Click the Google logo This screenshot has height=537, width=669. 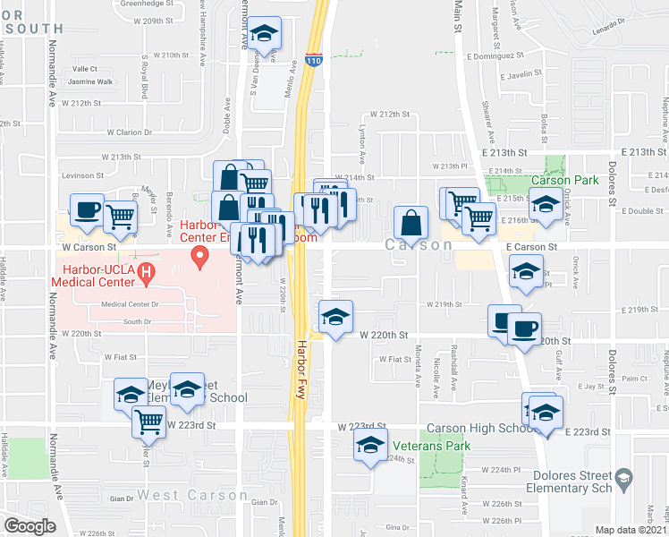click(30, 526)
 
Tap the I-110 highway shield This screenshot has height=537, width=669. click(313, 60)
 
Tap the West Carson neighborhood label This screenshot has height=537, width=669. click(180, 495)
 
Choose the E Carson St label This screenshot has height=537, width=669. click(531, 245)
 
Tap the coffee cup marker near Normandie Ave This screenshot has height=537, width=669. click(87, 211)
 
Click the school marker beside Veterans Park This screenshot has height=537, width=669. click(370, 445)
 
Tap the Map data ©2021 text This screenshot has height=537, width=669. click(631, 530)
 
